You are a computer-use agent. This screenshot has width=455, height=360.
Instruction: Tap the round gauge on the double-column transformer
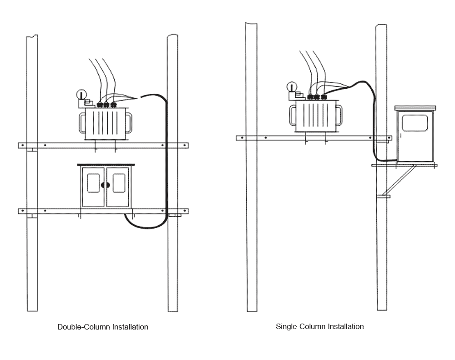(81, 95)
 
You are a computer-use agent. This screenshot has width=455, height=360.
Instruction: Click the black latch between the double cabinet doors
(106, 185)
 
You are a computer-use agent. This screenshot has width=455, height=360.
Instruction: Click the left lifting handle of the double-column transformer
(82, 122)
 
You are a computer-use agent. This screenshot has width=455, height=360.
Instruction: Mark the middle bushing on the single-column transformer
(317, 96)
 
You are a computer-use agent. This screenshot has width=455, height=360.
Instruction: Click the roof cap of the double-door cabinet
(106, 165)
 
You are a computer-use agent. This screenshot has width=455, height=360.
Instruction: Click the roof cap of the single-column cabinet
(415, 108)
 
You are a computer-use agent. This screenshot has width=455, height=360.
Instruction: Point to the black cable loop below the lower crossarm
(146, 225)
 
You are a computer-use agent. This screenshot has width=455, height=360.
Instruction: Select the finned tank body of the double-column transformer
(106, 123)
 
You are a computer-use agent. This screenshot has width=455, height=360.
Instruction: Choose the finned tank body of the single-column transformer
(316, 116)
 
